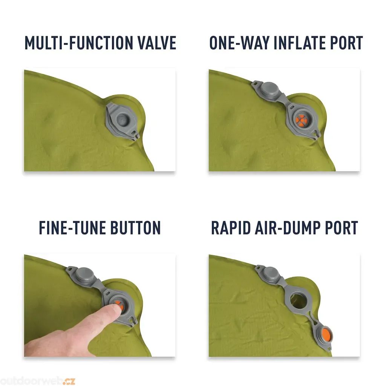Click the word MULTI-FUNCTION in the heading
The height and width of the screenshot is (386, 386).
point(79,43)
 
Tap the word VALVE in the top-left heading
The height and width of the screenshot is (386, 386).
point(157,43)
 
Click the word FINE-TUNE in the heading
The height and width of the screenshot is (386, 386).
point(72,228)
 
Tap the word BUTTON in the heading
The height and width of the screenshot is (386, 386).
point(135,228)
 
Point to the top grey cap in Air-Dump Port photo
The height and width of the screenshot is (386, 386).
point(271,274)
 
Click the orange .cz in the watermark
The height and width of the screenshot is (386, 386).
point(69,381)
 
